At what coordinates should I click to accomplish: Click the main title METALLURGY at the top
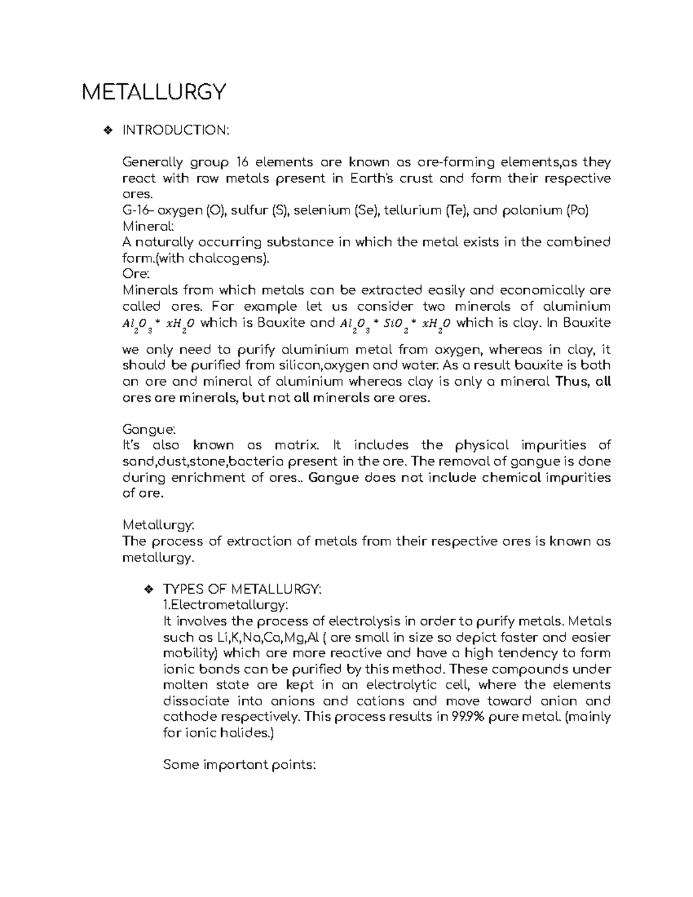click(154, 92)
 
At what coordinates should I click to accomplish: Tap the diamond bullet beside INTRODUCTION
click(106, 131)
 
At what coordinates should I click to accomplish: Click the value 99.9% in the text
click(459, 717)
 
